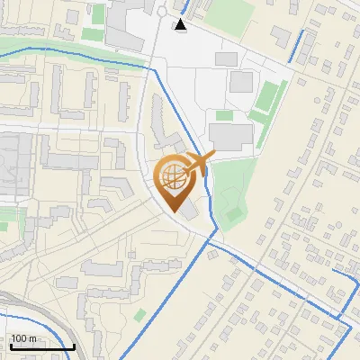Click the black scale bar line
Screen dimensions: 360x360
tap(42, 346)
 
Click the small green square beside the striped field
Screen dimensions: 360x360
tap(224, 115)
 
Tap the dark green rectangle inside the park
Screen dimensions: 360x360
tap(233, 214)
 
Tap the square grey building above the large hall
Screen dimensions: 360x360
tap(240, 82)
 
